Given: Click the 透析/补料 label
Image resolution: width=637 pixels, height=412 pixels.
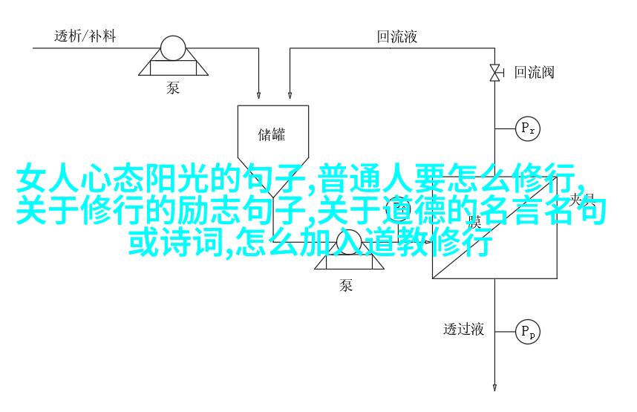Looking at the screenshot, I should pos(83,36).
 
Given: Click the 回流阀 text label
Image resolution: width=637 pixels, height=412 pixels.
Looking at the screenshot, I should pos(535,72).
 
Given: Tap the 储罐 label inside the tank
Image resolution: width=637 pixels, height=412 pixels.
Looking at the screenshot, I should pos(272,135).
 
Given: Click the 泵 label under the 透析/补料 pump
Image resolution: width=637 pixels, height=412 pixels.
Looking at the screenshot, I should pos(173,88).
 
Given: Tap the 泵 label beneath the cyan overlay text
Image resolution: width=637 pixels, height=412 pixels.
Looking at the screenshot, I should pos(346,285).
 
